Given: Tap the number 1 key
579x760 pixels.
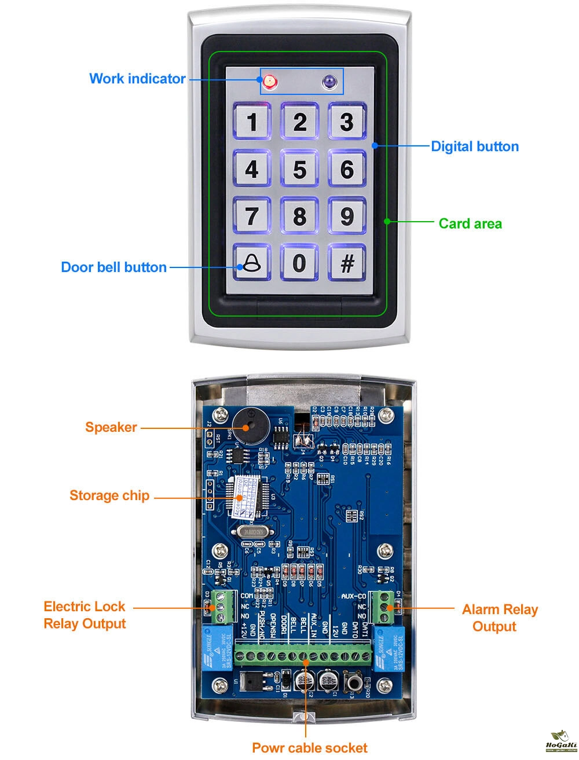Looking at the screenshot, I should (x=252, y=122).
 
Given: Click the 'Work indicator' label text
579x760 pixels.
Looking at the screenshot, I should (x=137, y=79).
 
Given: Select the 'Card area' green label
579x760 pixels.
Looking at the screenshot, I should (x=470, y=223).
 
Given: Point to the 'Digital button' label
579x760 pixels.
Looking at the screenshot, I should (x=475, y=146).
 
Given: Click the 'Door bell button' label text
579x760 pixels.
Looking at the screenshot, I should (x=113, y=267).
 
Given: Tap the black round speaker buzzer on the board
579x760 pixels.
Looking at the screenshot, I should (x=247, y=425).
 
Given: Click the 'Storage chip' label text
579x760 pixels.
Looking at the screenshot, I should (x=109, y=495).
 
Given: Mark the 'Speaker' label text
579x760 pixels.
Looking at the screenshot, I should (x=111, y=427).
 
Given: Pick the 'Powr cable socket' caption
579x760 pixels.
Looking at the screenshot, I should (x=309, y=747).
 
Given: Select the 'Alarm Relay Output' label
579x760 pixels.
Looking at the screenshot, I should (x=499, y=618).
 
